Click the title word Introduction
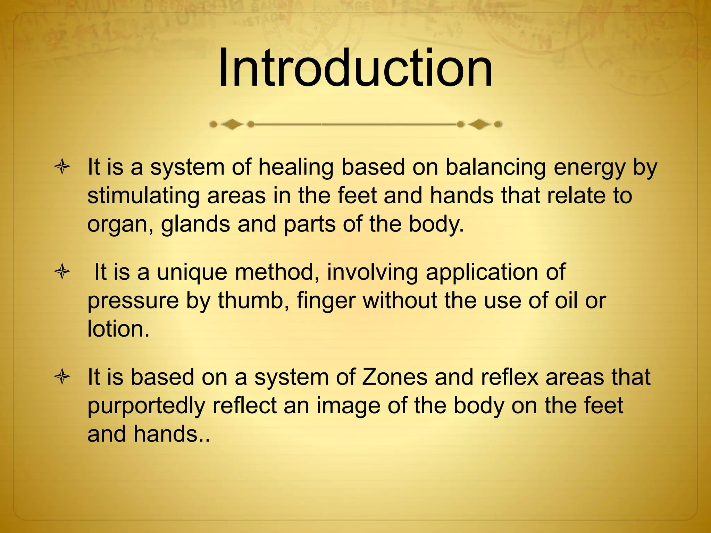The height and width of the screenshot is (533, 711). click(355, 69)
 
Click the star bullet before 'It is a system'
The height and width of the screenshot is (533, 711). click(62, 167)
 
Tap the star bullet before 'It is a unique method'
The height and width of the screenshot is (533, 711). click(62, 272)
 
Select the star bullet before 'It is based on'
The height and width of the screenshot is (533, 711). click(62, 377)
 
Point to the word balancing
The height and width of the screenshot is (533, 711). click(495, 168)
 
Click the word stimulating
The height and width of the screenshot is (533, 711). click(143, 196)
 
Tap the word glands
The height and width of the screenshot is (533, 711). click(195, 225)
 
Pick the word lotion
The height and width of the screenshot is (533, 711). click(118, 329)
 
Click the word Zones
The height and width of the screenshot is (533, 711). click(394, 377)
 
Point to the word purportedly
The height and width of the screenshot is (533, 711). click(146, 406)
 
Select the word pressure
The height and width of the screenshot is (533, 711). click(133, 301)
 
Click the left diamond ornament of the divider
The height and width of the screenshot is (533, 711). click(232, 124)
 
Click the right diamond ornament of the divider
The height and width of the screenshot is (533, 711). click(479, 124)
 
